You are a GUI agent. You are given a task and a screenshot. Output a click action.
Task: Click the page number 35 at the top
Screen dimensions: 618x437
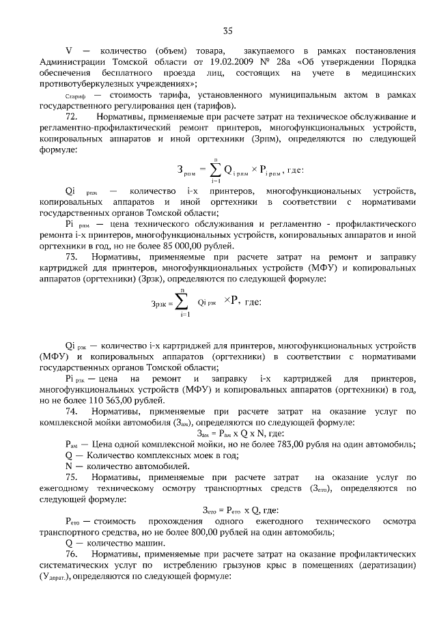[228, 29]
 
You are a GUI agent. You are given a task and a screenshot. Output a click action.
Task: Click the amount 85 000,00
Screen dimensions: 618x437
[214, 246]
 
